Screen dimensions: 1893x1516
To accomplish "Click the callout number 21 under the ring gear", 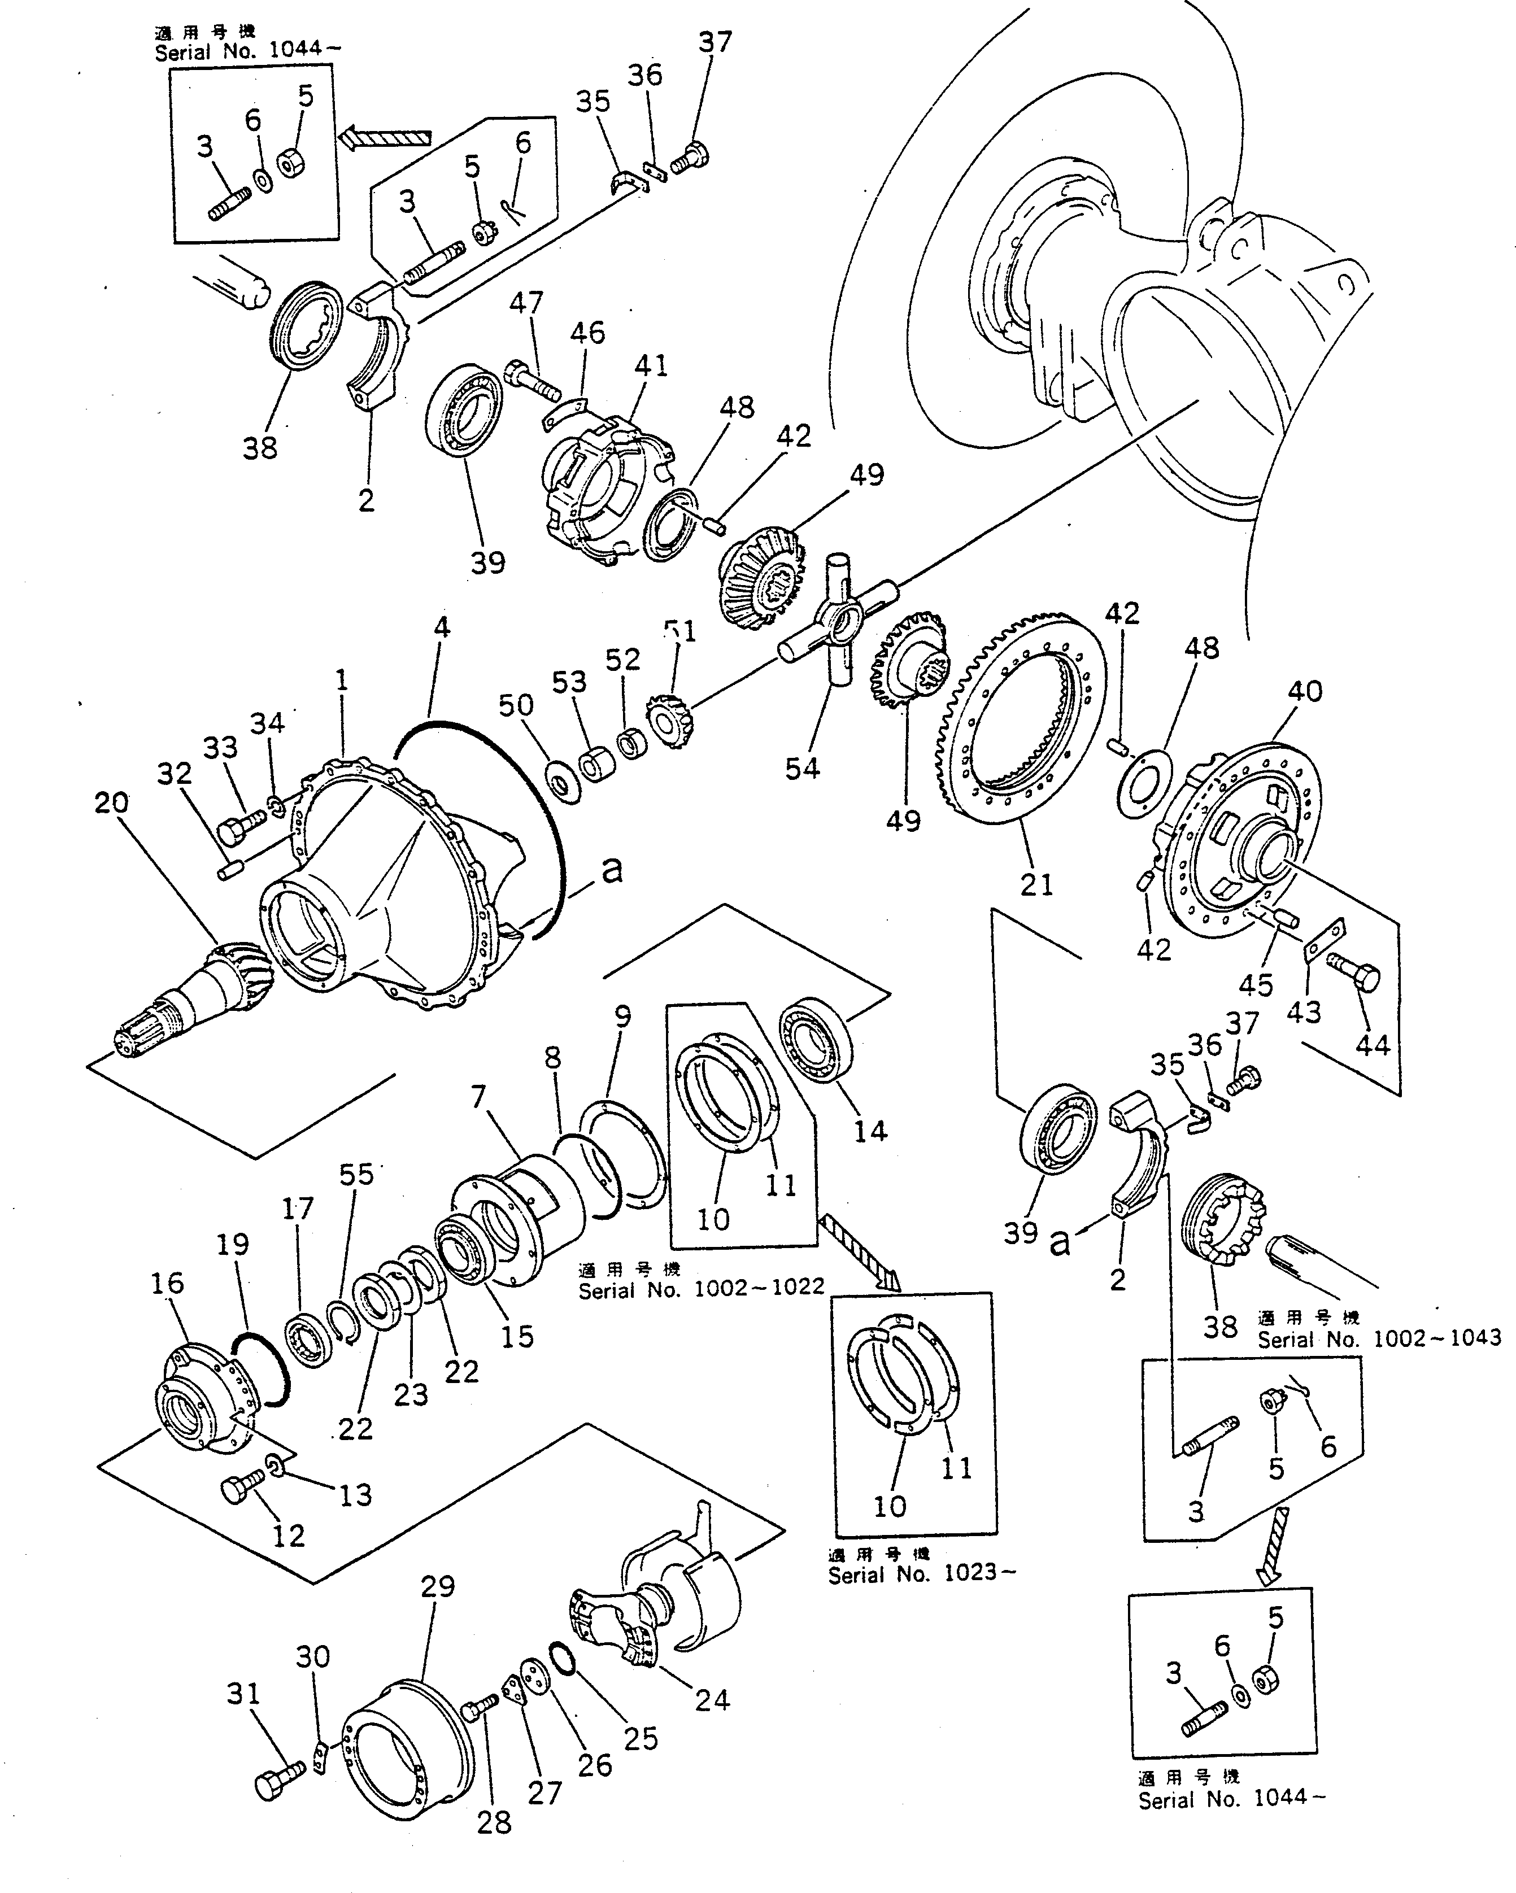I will click(1036, 884).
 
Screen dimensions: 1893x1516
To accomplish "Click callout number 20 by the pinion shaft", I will click(111, 802).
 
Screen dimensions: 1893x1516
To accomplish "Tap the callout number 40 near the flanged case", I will click(1304, 691).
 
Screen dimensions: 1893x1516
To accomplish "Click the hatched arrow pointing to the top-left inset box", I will click(386, 137).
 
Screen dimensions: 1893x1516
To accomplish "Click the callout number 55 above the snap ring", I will click(356, 1174).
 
